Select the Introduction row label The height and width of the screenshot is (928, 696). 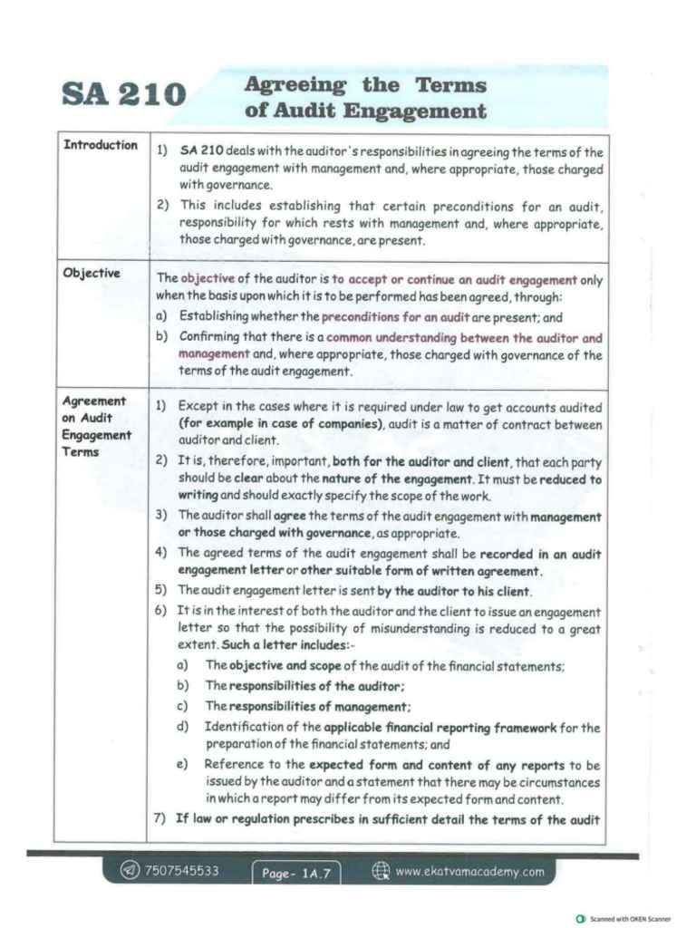100,145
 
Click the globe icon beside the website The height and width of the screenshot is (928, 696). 382,871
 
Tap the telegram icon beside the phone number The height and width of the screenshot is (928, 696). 132,871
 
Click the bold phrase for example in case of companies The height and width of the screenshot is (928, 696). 282,424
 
